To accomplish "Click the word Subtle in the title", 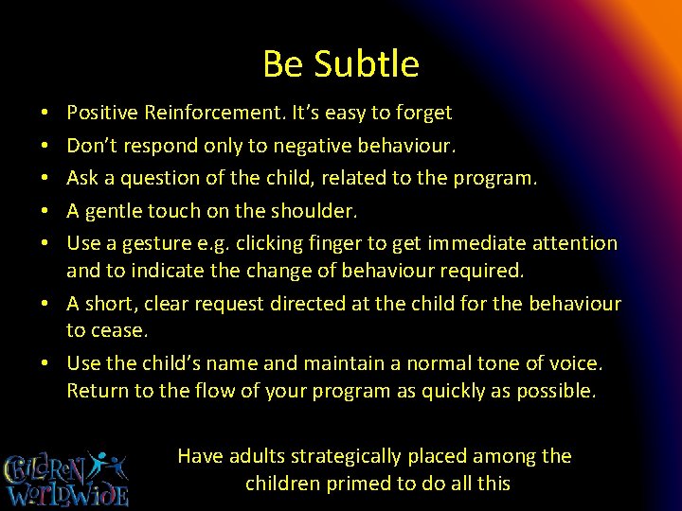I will click(x=367, y=64).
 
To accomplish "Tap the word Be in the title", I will click(x=282, y=64).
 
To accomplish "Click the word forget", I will click(x=423, y=114).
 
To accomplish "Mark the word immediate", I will click(x=483, y=243).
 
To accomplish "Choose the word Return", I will click(x=97, y=392).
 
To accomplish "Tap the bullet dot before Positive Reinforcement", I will click(x=46, y=114).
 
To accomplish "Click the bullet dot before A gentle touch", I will click(x=46, y=210).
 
